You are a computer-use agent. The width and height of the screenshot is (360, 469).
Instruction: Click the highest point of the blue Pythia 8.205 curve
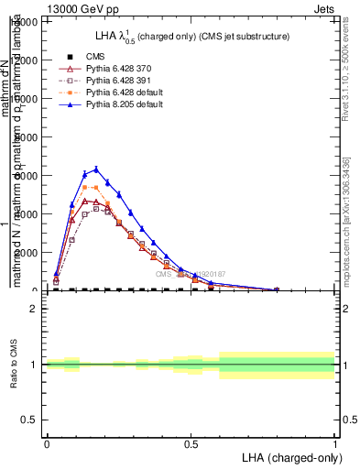[97, 169]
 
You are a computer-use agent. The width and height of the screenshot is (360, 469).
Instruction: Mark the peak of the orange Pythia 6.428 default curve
[85, 187]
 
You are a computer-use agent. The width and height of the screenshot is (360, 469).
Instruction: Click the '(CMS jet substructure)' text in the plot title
[241, 37]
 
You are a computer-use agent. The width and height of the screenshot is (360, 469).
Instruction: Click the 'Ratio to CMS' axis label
[13, 364]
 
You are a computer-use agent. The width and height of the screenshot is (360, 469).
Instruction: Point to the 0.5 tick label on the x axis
[191, 442]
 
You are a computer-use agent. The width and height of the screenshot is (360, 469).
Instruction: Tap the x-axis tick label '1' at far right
[334, 442]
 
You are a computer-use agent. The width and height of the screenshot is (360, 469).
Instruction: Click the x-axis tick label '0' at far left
[47, 442]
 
